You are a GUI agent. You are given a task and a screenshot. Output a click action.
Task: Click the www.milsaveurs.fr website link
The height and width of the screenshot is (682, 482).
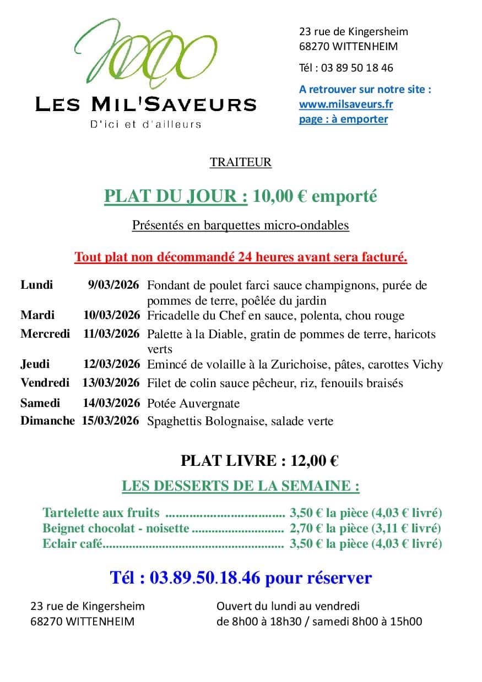pos(346,104)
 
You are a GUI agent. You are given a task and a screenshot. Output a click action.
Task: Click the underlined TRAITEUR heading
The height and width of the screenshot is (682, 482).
pos(241,162)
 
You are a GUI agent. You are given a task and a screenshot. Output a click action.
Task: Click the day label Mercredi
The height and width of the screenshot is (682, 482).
pos(45,334)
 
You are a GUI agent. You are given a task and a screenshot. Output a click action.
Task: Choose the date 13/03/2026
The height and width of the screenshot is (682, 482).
pos(111,383)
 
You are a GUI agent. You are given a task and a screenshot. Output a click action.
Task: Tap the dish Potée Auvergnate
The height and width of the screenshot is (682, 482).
pos(193,404)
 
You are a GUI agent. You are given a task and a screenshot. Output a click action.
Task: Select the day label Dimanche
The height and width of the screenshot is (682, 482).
pos(47,421)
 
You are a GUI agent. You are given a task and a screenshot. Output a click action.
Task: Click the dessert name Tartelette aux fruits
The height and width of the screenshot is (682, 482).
pos(101,513)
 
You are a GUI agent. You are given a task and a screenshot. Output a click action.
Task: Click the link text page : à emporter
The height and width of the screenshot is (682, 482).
pos(343,119)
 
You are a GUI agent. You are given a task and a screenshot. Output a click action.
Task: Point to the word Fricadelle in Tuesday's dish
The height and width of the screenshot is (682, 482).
pos(174,316)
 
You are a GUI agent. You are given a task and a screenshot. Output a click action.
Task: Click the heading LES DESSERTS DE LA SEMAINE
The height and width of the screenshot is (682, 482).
pos(241,486)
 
